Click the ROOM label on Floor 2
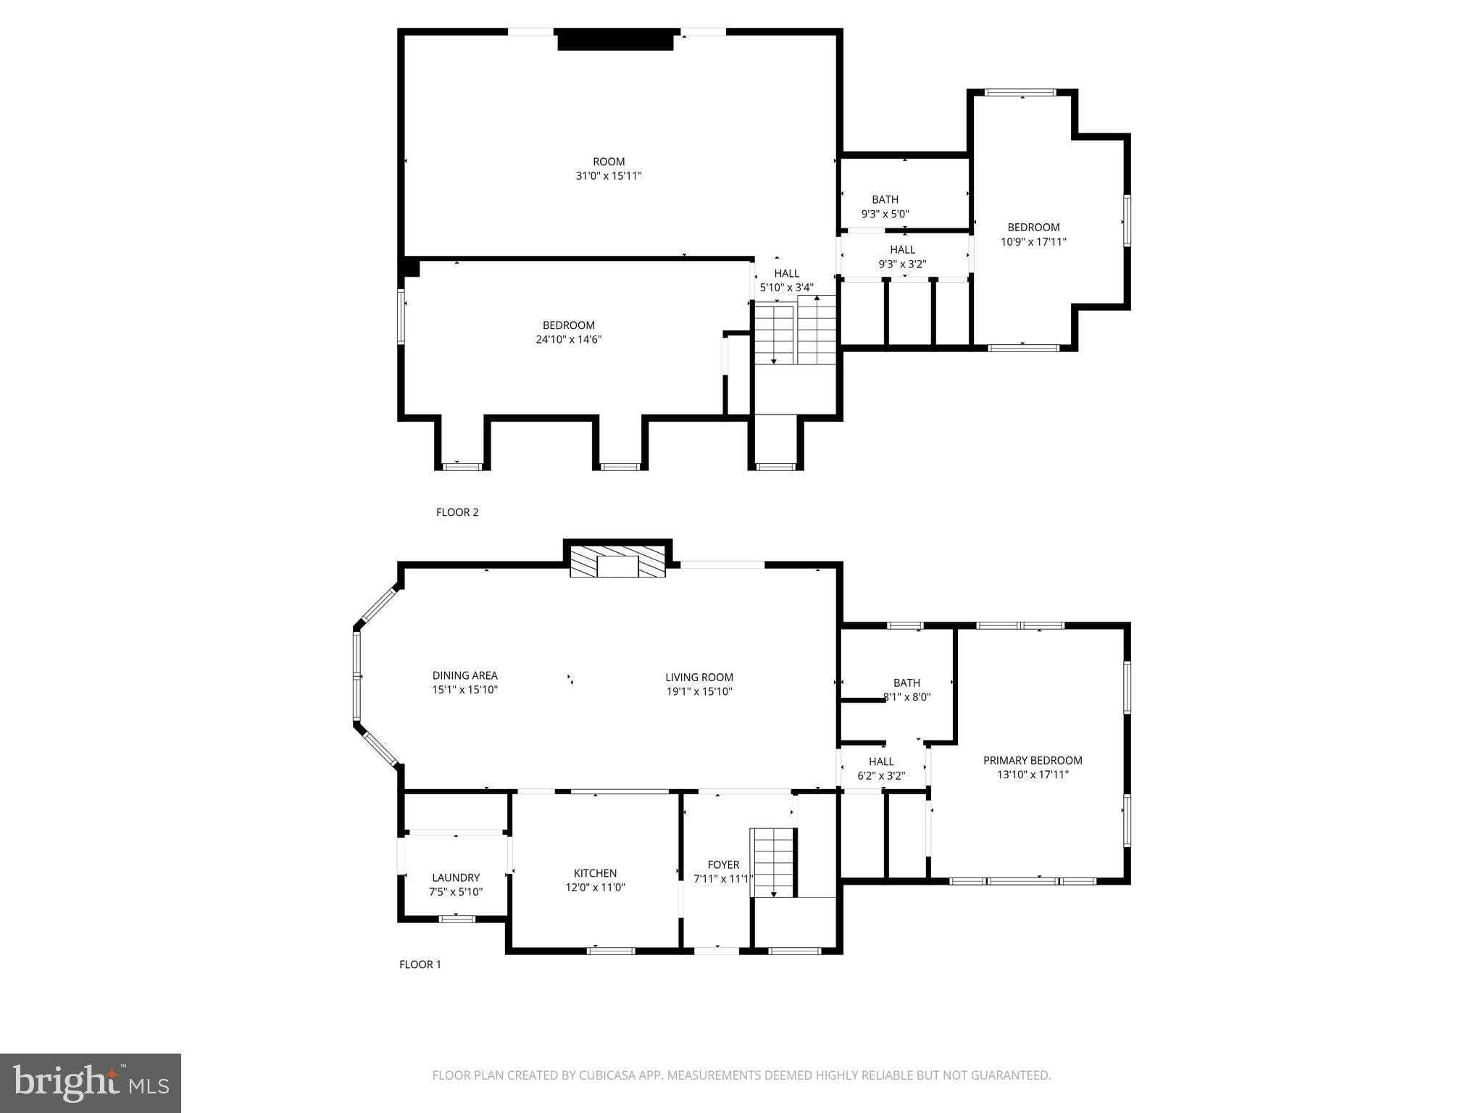coord(608,162)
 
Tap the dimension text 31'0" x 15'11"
coord(608,176)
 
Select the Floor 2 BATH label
coord(885,199)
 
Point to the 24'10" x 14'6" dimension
coord(568,339)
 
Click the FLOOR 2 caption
coord(457,512)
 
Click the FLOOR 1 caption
coord(420,964)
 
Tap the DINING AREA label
coord(464,675)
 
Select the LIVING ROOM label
coord(699,678)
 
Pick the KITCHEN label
coord(595,873)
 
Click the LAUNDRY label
coord(456,878)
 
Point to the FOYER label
coord(723,864)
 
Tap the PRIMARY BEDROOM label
coord(1033,760)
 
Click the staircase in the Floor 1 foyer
coord(774,862)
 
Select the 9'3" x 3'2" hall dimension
coord(902,264)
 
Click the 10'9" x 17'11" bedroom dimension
coord(1033,242)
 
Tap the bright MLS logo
coord(91,1083)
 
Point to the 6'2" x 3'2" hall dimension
coord(881,776)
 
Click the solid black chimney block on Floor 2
coord(616,41)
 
